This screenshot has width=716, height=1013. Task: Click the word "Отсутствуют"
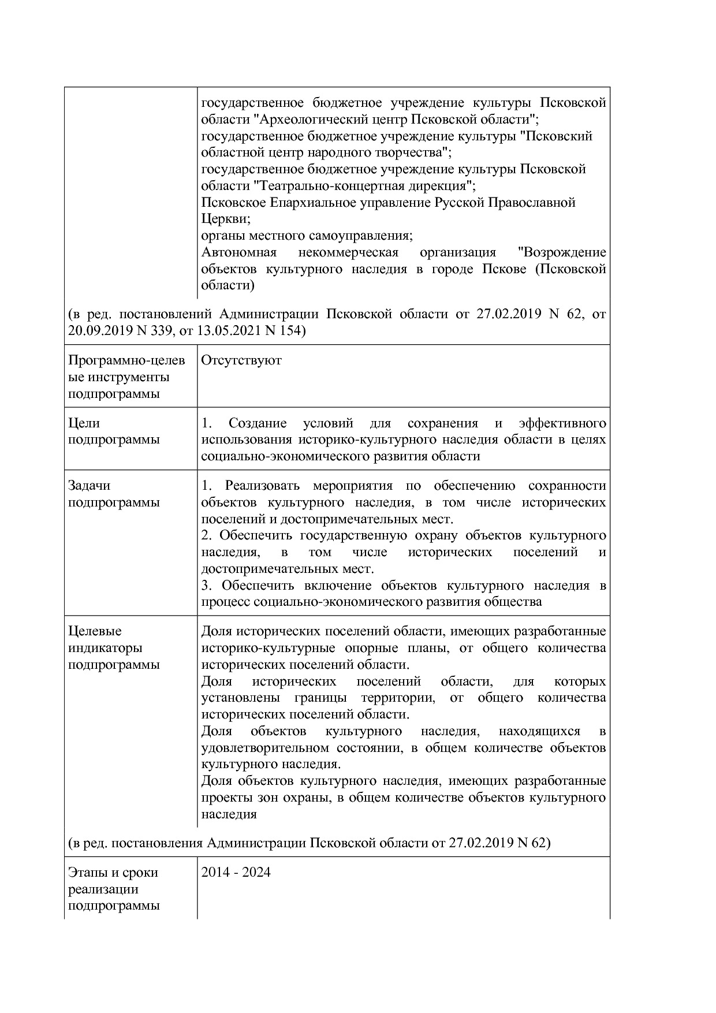click(x=241, y=360)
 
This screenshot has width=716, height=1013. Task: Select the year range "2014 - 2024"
click(x=236, y=872)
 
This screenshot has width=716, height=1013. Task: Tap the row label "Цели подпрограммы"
click(x=114, y=431)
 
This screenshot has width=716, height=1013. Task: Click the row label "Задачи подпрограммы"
click(x=114, y=494)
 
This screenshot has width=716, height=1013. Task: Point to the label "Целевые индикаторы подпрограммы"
click(x=114, y=648)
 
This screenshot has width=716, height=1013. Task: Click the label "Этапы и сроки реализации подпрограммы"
click(x=114, y=889)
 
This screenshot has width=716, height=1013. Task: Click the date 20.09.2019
click(x=96, y=331)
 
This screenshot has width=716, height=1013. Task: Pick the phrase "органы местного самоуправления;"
click(x=307, y=236)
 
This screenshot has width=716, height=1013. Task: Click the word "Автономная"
click(x=238, y=252)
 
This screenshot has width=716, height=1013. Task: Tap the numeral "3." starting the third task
click(x=207, y=586)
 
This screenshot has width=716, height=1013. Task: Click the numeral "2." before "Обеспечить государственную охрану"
click(x=207, y=535)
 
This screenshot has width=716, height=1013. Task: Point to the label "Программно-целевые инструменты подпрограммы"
click(x=126, y=377)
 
